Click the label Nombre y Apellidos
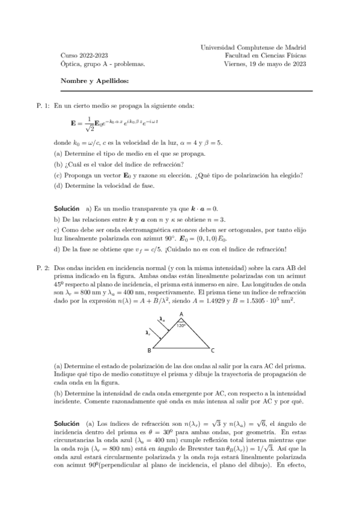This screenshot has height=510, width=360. (94, 80)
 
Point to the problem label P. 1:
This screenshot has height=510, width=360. (44, 106)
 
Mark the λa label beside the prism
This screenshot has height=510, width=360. (161, 320)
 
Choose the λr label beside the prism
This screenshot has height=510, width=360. (148, 331)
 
